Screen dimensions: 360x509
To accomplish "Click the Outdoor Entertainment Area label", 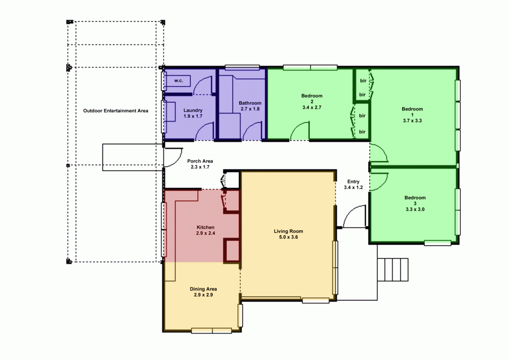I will pyautogui.click(x=115, y=110).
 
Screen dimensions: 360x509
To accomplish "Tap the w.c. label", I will pyautogui.click(x=179, y=81).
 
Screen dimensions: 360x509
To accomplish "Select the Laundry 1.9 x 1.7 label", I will pyautogui.click(x=192, y=113).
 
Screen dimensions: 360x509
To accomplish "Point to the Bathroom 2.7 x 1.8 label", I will pyautogui.click(x=250, y=106).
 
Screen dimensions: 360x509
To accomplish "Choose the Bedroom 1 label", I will pyautogui.click(x=412, y=114).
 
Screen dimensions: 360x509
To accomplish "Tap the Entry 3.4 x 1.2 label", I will pyautogui.click(x=353, y=184).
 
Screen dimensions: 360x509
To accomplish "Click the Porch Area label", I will pyautogui.click(x=200, y=164).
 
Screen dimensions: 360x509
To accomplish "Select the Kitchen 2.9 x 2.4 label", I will pyautogui.click(x=205, y=230).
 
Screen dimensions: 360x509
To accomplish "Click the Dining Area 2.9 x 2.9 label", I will pyautogui.click(x=203, y=292).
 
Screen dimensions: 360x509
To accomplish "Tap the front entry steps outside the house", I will pyautogui.click(x=393, y=270).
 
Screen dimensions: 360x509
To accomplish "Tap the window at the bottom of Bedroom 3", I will pyautogui.click(x=437, y=243).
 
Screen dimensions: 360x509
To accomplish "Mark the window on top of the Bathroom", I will pyautogui.click(x=242, y=67).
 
